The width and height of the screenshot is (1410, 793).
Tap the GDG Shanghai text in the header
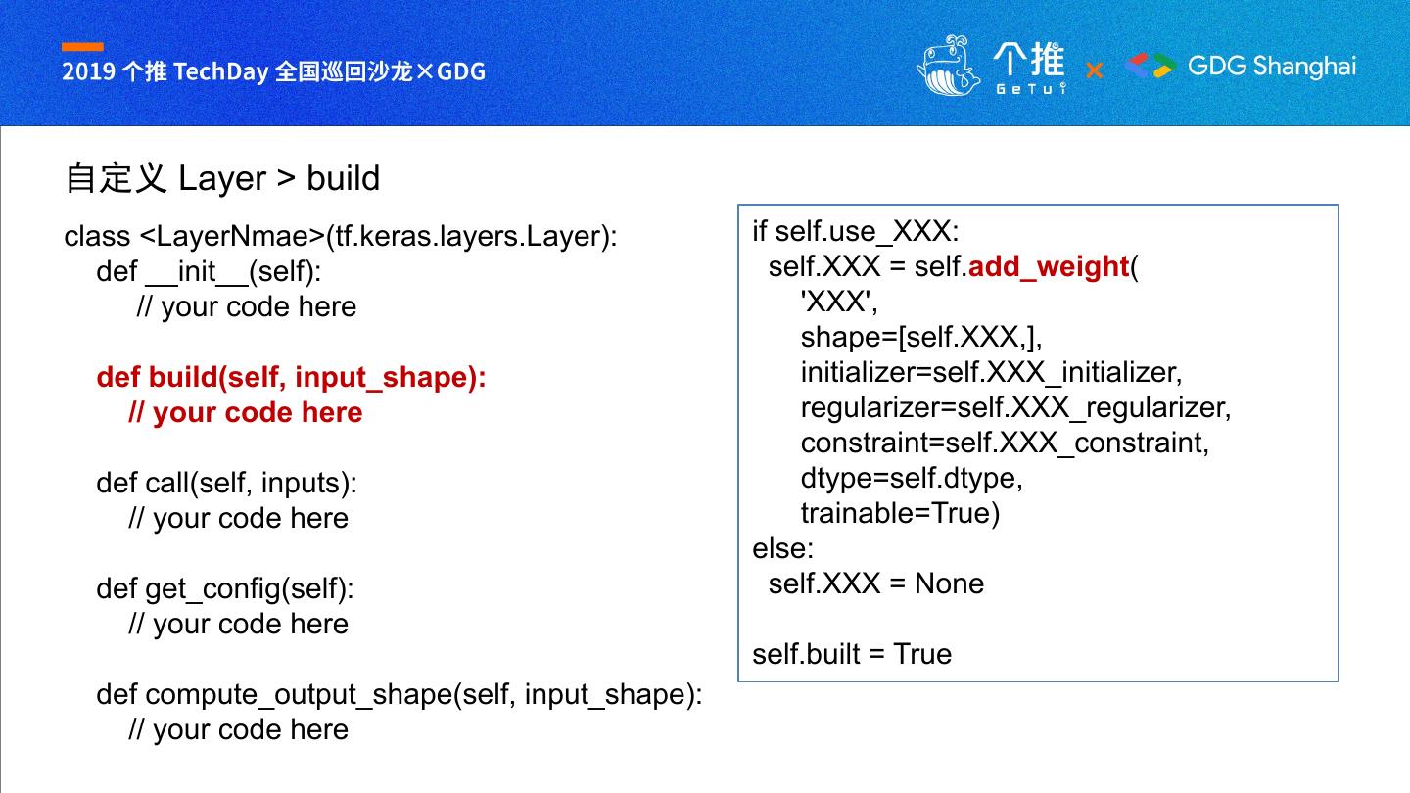pyautogui.click(x=1272, y=66)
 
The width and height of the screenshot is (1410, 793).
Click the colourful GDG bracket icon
pyautogui.click(x=1151, y=66)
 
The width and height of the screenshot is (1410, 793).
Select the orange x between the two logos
pyautogui.click(x=1094, y=70)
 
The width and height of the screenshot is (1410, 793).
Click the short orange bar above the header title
pyautogui.click(x=82, y=47)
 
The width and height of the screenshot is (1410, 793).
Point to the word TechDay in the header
pyautogui.click(x=221, y=71)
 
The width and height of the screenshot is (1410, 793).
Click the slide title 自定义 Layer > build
pyautogui.click(x=222, y=178)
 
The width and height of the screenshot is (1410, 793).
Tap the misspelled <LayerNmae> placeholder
pyautogui.click(x=232, y=236)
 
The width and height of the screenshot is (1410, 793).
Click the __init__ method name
pyautogui.click(x=196, y=271)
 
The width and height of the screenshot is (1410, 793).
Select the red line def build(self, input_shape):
pyautogui.click(x=291, y=377)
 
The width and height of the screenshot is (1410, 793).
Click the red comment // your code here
pyautogui.click(x=245, y=412)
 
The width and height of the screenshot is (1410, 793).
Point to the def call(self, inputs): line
pyautogui.click(x=226, y=483)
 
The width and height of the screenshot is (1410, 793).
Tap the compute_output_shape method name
pyautogui.click(x=299, y=694)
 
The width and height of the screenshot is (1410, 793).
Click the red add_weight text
pyautogui.click(x=1048, y=266)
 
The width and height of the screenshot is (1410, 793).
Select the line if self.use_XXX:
pyautogui.click(x=855, y=231)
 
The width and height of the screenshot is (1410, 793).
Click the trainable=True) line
pyautogui.click(x=900, y=513)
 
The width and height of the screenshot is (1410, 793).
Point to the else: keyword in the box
pyautogui.click(x=782, y=548)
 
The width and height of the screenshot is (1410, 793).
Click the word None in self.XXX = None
pyautogui.click(x=949, y=583)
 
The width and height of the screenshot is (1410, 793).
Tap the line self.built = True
pyautogui.click(x=852, y=654)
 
